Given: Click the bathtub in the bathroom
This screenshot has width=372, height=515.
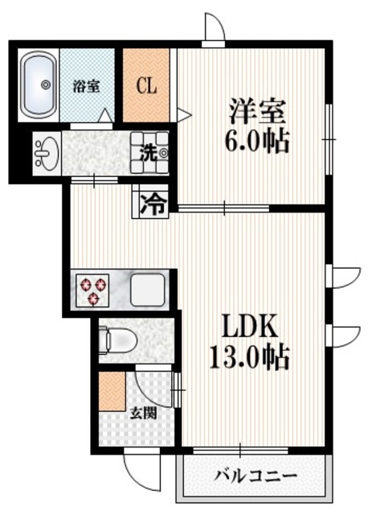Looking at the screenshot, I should point(36,84).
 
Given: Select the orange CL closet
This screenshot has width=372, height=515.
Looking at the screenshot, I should point(145,84).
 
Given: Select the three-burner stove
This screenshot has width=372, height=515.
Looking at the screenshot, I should point(92,290).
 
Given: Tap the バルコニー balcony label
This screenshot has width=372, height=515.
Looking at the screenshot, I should point(255,476).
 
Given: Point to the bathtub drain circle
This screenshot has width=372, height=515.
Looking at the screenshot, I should point(45,84).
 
